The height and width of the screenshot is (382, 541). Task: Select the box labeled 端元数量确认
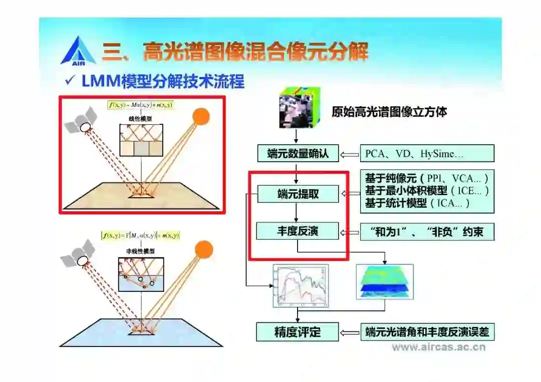click(298, 153)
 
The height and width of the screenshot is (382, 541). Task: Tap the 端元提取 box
click(298, 194)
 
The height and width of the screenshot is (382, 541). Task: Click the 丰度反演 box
click(298, 231)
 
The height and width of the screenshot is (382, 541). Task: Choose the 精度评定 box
click(298, 331)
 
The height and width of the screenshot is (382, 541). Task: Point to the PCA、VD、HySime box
click(427, 154)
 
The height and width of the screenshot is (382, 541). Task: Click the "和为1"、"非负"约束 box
click(427, 232)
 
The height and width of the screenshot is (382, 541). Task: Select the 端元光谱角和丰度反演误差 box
click(427, 332)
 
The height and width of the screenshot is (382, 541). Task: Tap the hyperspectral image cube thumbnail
click(297, 107)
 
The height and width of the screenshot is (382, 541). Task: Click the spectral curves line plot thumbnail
click(300, 286)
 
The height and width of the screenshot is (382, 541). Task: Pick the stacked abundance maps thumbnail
click(385, 282)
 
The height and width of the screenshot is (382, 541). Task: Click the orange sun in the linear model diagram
click(200, 116)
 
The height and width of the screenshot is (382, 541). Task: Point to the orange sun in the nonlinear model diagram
click(204, 249)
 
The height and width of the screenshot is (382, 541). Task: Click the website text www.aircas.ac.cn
click(439, 347)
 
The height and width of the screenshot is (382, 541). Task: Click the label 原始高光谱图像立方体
click(389, 112)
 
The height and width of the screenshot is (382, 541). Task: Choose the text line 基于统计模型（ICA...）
click(417, 203)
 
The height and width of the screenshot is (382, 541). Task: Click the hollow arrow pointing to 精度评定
click(350, 332)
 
